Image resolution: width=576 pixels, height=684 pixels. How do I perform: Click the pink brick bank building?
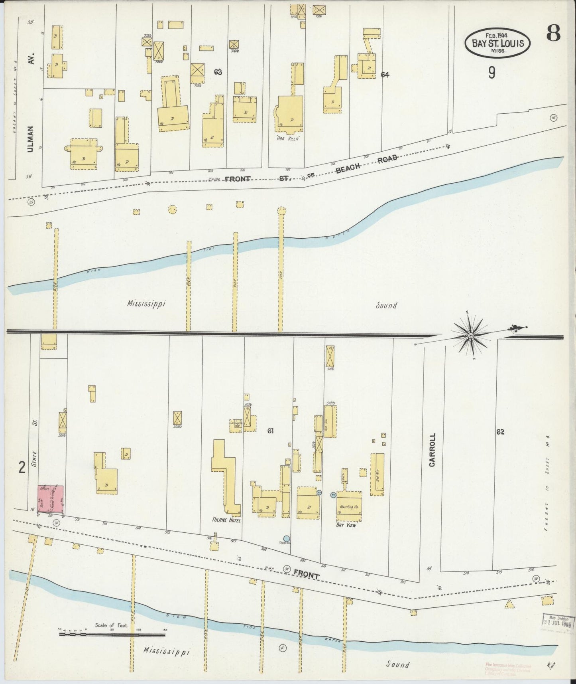pos(51,499)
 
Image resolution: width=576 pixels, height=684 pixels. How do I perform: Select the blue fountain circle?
pos(286,539)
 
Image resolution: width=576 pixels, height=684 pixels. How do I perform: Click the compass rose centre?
pos(470,336)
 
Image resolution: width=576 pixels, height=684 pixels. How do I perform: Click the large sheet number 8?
pos(553,34)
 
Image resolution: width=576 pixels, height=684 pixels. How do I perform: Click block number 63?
pos(218,72)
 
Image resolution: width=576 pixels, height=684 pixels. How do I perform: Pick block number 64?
pos(385,74)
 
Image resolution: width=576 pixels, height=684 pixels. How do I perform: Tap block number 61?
pos(271,431)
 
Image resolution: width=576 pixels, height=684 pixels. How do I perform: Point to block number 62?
pos(501,431)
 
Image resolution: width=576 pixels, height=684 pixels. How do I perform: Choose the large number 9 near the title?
pos(491,72)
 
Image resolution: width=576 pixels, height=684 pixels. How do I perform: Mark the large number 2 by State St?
pos(22,467)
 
